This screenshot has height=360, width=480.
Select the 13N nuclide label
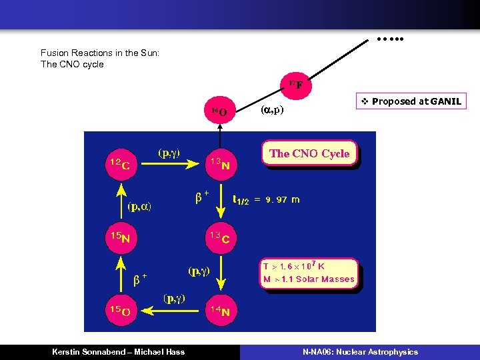tap(220, 164)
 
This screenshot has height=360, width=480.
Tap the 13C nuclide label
tap(220, 238)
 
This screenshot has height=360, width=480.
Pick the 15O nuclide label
tap(120, 309)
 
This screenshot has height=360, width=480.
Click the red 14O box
tap(219, 111)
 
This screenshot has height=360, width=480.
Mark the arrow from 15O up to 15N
tap(121, 273)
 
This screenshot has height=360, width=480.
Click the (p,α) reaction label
tap(139, 207)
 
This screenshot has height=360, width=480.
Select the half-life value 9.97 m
tap(283, 199)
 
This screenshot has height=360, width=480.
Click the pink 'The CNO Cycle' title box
tap(309, 153)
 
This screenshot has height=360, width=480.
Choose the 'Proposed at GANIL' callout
tap(409, 101)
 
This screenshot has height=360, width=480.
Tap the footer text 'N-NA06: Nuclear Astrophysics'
tap(360, 351)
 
